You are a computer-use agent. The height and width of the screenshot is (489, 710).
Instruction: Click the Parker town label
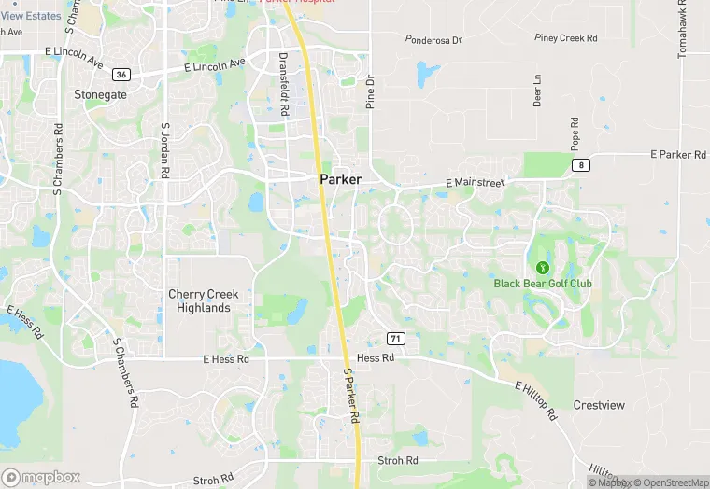point(340,179)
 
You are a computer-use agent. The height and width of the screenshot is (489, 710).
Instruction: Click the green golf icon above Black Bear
point(543,266)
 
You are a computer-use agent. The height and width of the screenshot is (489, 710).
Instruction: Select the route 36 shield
point(121,74)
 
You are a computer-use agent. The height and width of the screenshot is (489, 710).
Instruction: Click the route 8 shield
point(581,165)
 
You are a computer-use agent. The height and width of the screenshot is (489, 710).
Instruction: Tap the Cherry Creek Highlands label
point(203,300)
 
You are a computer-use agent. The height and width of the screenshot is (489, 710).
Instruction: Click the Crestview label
point(599,405)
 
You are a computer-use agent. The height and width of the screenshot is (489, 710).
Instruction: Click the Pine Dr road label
point(370,90)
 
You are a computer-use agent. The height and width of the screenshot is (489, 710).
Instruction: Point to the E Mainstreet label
point(475,184)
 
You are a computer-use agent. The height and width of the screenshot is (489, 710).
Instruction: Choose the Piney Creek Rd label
point(565,38)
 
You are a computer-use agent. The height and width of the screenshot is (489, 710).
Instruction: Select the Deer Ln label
point(537,91)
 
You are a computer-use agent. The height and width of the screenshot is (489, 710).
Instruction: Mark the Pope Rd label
point(575,133)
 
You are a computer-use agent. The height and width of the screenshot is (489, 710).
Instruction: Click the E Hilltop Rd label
point(548,398)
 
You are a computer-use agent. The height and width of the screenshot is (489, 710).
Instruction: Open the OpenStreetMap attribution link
point(671,482)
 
